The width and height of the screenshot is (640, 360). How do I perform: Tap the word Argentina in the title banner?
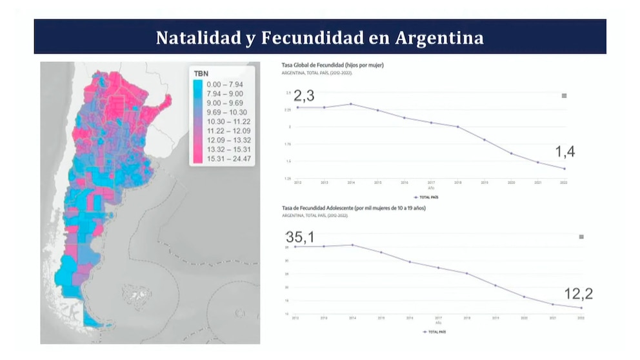[x=439, y=38]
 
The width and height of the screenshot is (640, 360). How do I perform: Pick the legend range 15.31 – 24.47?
[x=223, y=158]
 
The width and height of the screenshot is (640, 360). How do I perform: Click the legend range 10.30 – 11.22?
[x=223, y=121]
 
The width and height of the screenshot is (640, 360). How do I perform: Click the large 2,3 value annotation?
[x=304, y=96]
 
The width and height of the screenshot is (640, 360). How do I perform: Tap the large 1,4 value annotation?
[x=565, y=152]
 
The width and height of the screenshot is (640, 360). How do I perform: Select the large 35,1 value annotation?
[x=300, y=237]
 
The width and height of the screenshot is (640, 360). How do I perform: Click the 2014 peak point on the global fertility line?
[x=350, y=104]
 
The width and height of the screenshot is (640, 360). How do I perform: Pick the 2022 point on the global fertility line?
[x=565, y=169]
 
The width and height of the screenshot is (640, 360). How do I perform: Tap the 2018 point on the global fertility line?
[x=457, y=127]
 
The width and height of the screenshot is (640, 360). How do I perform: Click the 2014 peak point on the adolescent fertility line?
[x=352, y=245]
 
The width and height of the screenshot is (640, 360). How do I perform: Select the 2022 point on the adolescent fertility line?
[x=581, y=308]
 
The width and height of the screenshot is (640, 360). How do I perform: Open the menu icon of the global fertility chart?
[x=564, y=95]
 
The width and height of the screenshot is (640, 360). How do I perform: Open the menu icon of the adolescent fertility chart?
[x=581, y=237]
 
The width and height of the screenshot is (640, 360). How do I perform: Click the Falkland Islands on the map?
[x=137, y=295]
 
